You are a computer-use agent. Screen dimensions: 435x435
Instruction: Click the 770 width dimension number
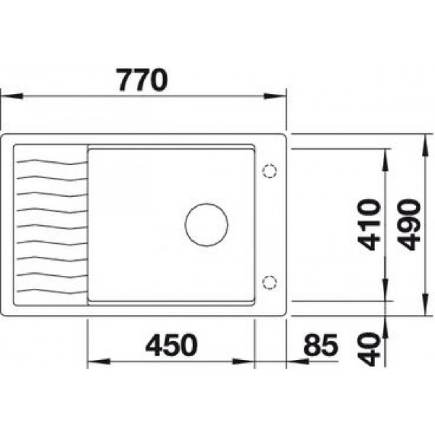coord(142,80)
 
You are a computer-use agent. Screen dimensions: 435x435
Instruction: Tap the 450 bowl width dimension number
coord(171,345)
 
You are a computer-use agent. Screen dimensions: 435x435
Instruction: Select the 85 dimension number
coord(321,345)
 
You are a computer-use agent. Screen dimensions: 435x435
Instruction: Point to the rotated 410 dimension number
coord(369,224)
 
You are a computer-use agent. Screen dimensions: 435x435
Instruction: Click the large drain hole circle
coord(207,224)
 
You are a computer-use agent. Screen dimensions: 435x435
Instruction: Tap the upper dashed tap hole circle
coord(270,171)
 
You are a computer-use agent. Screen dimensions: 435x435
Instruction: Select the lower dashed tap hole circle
coord(269,282)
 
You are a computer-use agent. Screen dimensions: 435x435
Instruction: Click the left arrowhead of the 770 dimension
coord(11,96)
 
